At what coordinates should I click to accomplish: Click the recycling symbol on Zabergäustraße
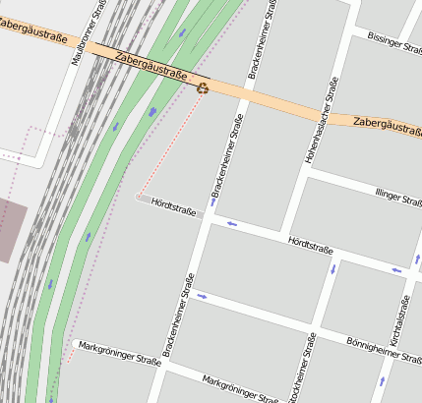click(203, 87)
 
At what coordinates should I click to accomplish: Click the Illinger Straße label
click(398, 198)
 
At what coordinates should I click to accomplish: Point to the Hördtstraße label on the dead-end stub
click(175, 207)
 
